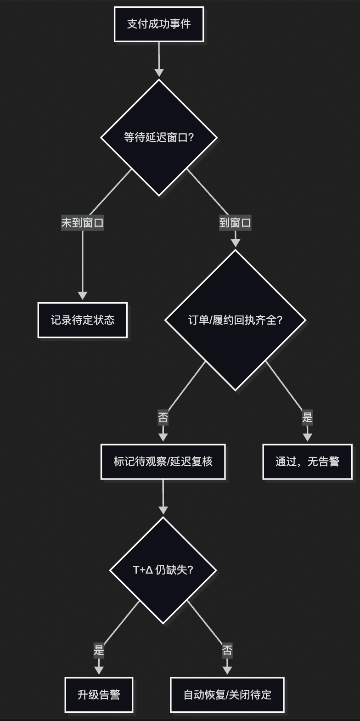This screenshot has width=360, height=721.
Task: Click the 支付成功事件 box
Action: click(x=159, y=24)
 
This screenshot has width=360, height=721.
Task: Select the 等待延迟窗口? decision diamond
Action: click(x=159, y=137)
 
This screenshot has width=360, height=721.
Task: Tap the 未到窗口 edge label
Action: click(x=83, y=223)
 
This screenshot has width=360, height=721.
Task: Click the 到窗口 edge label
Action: click(x=235, y=223)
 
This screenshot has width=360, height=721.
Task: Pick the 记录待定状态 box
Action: click(x=83, y=320)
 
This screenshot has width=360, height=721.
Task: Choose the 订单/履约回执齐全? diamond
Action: click(x=235, y=320)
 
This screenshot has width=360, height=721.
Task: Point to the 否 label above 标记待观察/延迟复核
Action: click(x=163, y=417)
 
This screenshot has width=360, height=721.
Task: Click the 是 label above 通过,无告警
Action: click(x=307, y=417)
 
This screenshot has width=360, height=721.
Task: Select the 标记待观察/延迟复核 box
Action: click(x=163, y=462)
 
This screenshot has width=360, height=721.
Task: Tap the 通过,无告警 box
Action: click(x=307, y=462)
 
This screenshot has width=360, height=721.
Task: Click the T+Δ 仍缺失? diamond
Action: click(x=163, y=570)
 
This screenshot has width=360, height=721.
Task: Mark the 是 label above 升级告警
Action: click(x=99, y=650)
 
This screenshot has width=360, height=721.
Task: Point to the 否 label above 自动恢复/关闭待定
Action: click(x=227, y=650)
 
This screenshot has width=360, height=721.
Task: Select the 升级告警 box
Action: click(x=99, y=695)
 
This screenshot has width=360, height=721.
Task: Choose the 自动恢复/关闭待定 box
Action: click(x=227, y=695)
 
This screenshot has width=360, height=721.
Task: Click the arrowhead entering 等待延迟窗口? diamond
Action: click(x=159, y=73)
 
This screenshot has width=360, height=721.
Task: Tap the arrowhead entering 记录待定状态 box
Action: click(x=83, y=295)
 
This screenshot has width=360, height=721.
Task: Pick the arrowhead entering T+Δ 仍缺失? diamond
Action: click(x=163, y=510)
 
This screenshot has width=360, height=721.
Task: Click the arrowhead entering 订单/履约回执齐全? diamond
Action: click(x=235, y=242)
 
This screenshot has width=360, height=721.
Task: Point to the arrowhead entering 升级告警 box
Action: click(x=99, y=670)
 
